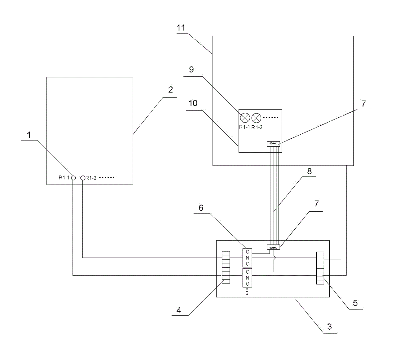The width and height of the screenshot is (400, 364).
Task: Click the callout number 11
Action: [x=181, y=28]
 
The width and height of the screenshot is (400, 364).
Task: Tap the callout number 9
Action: [x=191, y=70]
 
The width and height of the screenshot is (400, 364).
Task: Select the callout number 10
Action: [x=193, y=103]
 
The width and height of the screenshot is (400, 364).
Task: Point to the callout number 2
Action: [x=170, y=90]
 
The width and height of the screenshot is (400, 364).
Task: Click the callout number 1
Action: [x=29, y=135]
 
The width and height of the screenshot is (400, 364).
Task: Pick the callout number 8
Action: [x=309, y=171]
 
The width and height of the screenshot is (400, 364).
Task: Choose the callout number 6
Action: [x=201, y=208]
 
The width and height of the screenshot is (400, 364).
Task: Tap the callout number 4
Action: [x=179, y=310]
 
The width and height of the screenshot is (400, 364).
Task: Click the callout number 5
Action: [x=355, y=303]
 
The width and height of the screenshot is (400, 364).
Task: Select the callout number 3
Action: [x=329, y=327]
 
